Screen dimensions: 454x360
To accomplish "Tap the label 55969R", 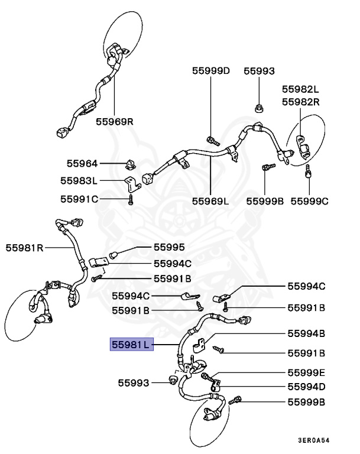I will (x=115, y=121).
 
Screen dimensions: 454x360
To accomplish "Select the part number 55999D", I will (x=211, y=70).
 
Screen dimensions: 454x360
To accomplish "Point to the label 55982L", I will (x=300, y=89).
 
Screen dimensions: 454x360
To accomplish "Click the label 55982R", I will (x=300, y=102).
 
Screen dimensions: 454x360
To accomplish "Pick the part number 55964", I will (x=82, y=163).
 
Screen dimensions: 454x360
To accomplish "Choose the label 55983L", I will (x=79, y=180).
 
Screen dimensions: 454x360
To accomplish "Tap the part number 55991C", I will (x=79, y=199).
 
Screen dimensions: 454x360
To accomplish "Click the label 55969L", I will (x=210, y=201).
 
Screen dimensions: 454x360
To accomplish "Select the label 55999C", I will (x=309, y=201).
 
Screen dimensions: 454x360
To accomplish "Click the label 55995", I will (x=169, y=247).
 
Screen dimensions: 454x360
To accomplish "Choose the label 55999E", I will (x=307, y=372).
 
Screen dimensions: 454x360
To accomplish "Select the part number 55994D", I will (x=307, y=387).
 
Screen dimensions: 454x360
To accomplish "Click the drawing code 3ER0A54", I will (x=314, y=440).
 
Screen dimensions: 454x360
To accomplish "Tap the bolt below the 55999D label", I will (x=213, y=141).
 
